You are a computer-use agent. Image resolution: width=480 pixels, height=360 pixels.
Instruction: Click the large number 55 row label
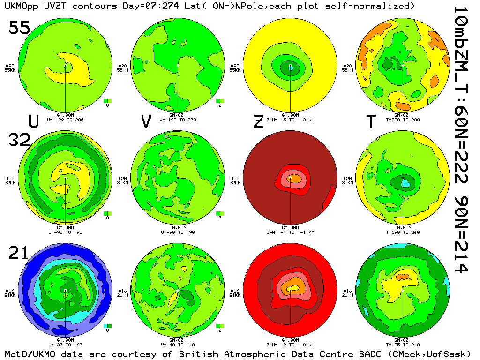click(x=19, y=28)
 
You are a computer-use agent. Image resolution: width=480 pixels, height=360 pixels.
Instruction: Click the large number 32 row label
click(x=19, y=140)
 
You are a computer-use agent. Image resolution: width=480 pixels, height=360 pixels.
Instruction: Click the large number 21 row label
click(x=19, y=253)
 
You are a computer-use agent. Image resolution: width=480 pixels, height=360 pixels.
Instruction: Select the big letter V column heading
click(x=146, y=121)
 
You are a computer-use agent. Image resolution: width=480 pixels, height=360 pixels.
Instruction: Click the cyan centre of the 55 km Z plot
click(x=291, y=68)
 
